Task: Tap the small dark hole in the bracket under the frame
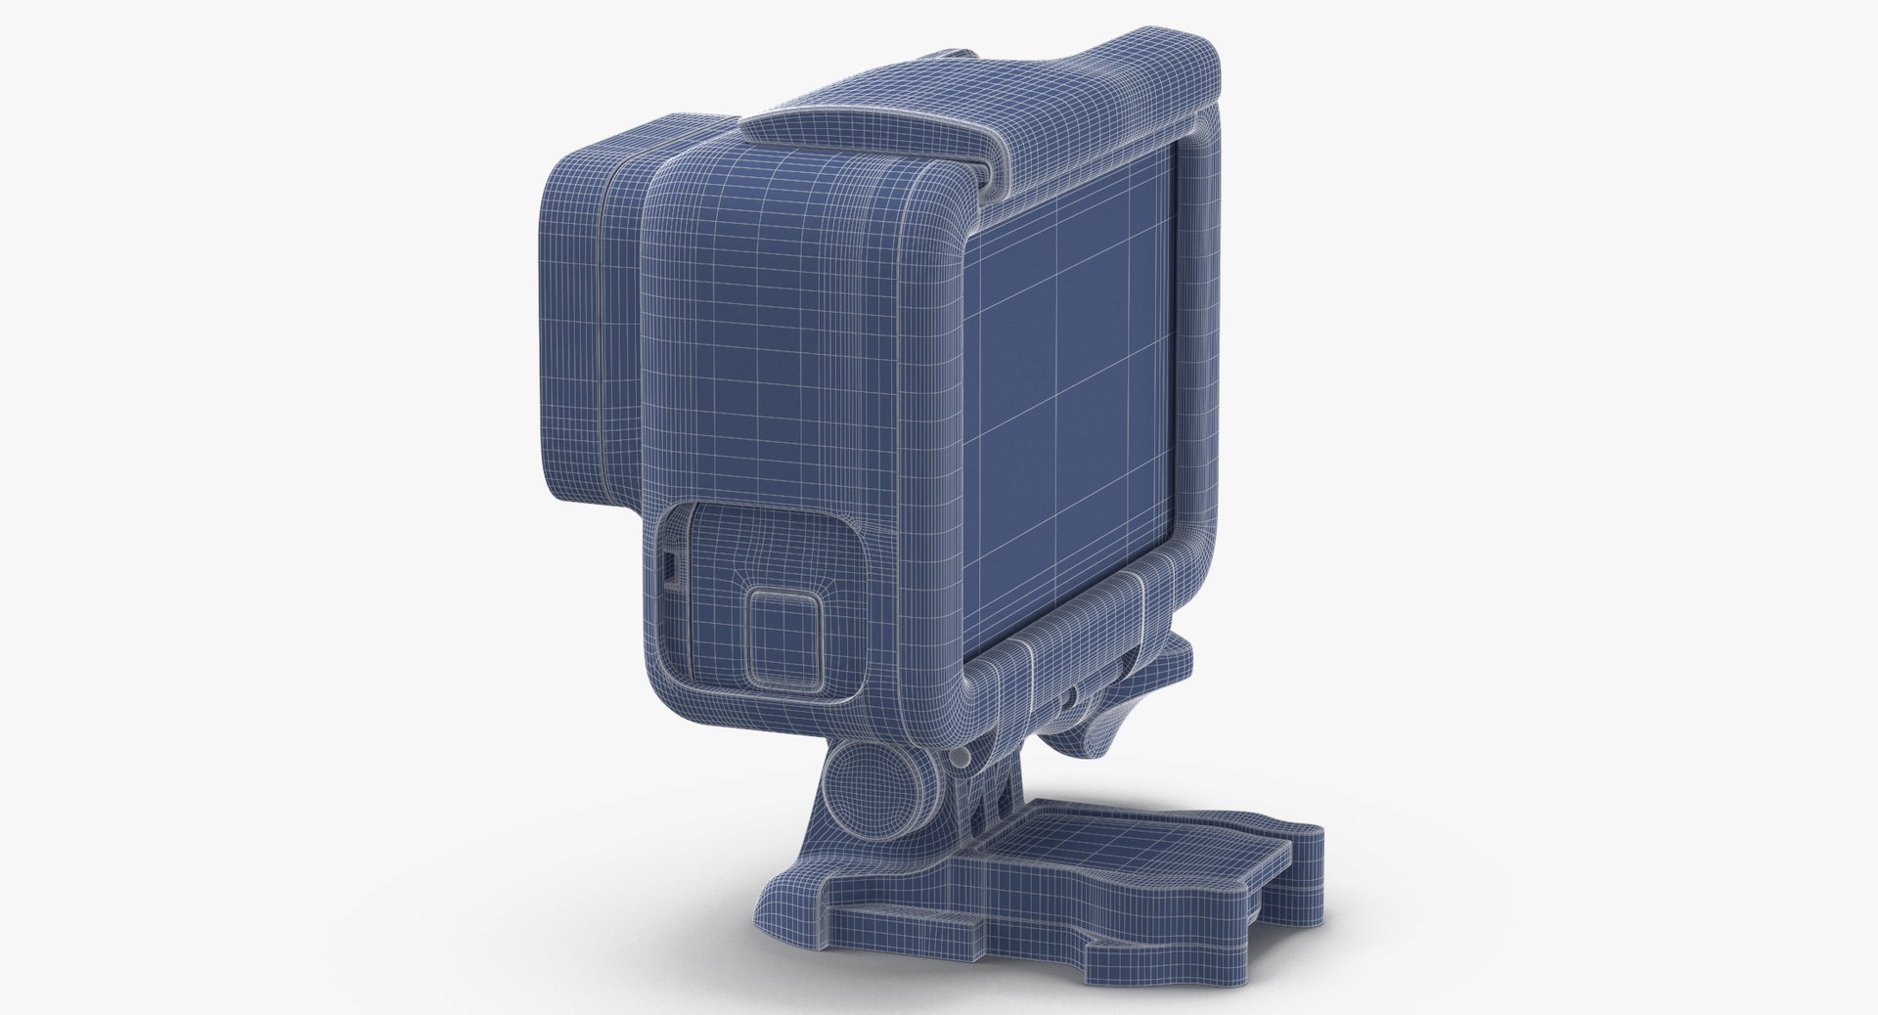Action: [x=1073, y=696]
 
